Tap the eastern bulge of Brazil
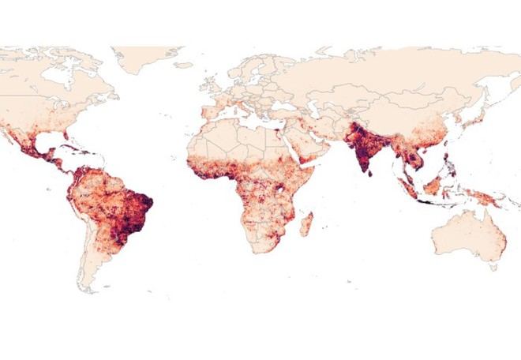point(145,202)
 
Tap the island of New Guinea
point(485,197)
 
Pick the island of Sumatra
point(409,188)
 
